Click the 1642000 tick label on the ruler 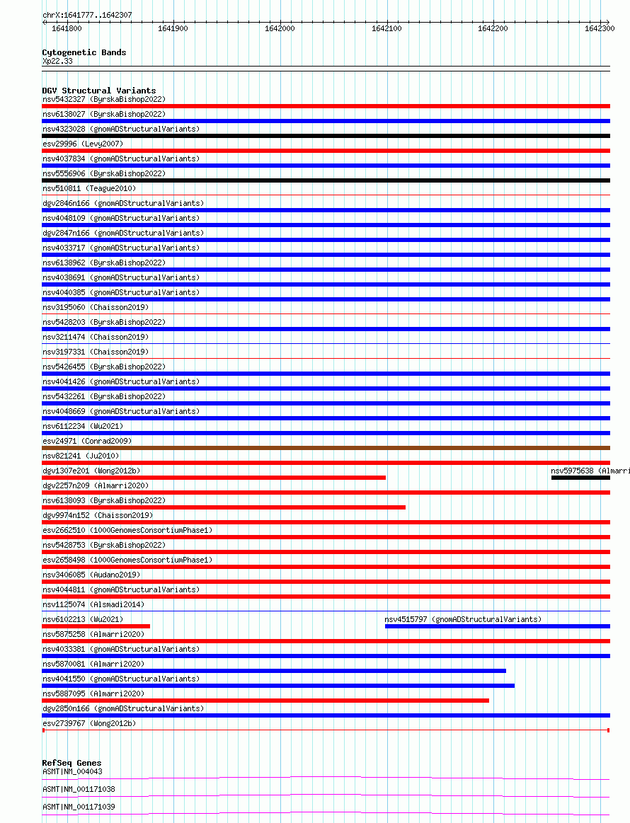[x=280, y=28]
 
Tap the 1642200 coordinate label [x=493, y=28]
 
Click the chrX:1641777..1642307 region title [x=87, y=15]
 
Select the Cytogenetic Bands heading [x=84, y=52]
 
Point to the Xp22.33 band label [x=57, y=62]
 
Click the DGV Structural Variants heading [x=98, y=91]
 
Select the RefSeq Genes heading [x=71, y=763]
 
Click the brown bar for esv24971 [x=326, y=448]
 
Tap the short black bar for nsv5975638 [x=580, y=478]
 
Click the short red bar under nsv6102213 [x=96, y=626]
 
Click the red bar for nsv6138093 [x=224, y=507]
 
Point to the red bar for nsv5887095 [x=265, y=701]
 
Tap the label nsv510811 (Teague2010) [x=89, y=188]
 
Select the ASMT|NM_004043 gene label [x=72, y=771]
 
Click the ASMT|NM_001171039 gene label [x=79, y=807]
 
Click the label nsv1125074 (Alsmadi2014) [x=93, y=604]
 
